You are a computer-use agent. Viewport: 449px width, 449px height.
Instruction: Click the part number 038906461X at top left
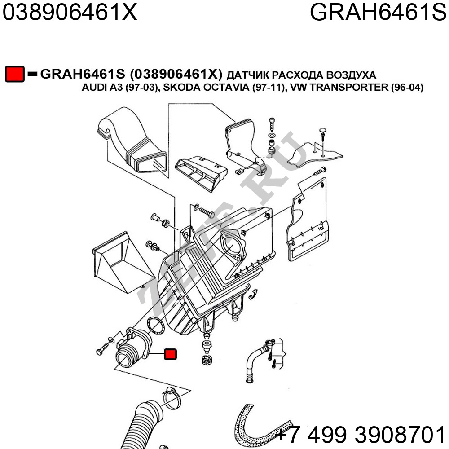(x=70, y=12)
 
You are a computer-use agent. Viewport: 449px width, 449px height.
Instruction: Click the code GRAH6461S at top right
(x=378, y=12)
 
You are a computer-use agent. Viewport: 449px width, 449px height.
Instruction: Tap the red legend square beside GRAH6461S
(x=15, y=74)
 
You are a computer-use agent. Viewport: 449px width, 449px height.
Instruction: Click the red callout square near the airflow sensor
(x=170, y=354)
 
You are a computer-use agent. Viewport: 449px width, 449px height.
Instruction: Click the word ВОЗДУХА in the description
(x=351, y=75)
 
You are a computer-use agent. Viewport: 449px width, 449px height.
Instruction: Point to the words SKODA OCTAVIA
(x=206, y=87)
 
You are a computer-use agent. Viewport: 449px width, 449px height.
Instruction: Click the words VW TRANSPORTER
(x=339, y=87)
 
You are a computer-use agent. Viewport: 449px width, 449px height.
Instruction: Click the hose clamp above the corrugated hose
(x=172, y=398)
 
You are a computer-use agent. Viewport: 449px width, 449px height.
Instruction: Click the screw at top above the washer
(x=272, y=124)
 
